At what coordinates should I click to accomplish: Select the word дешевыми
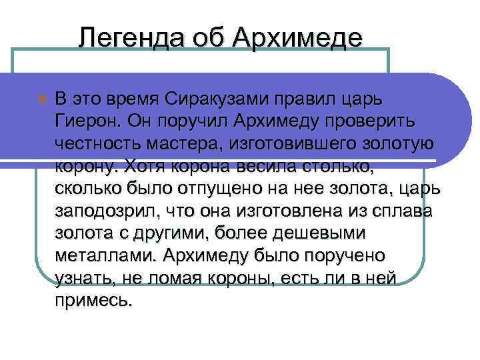click(324, 233)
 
